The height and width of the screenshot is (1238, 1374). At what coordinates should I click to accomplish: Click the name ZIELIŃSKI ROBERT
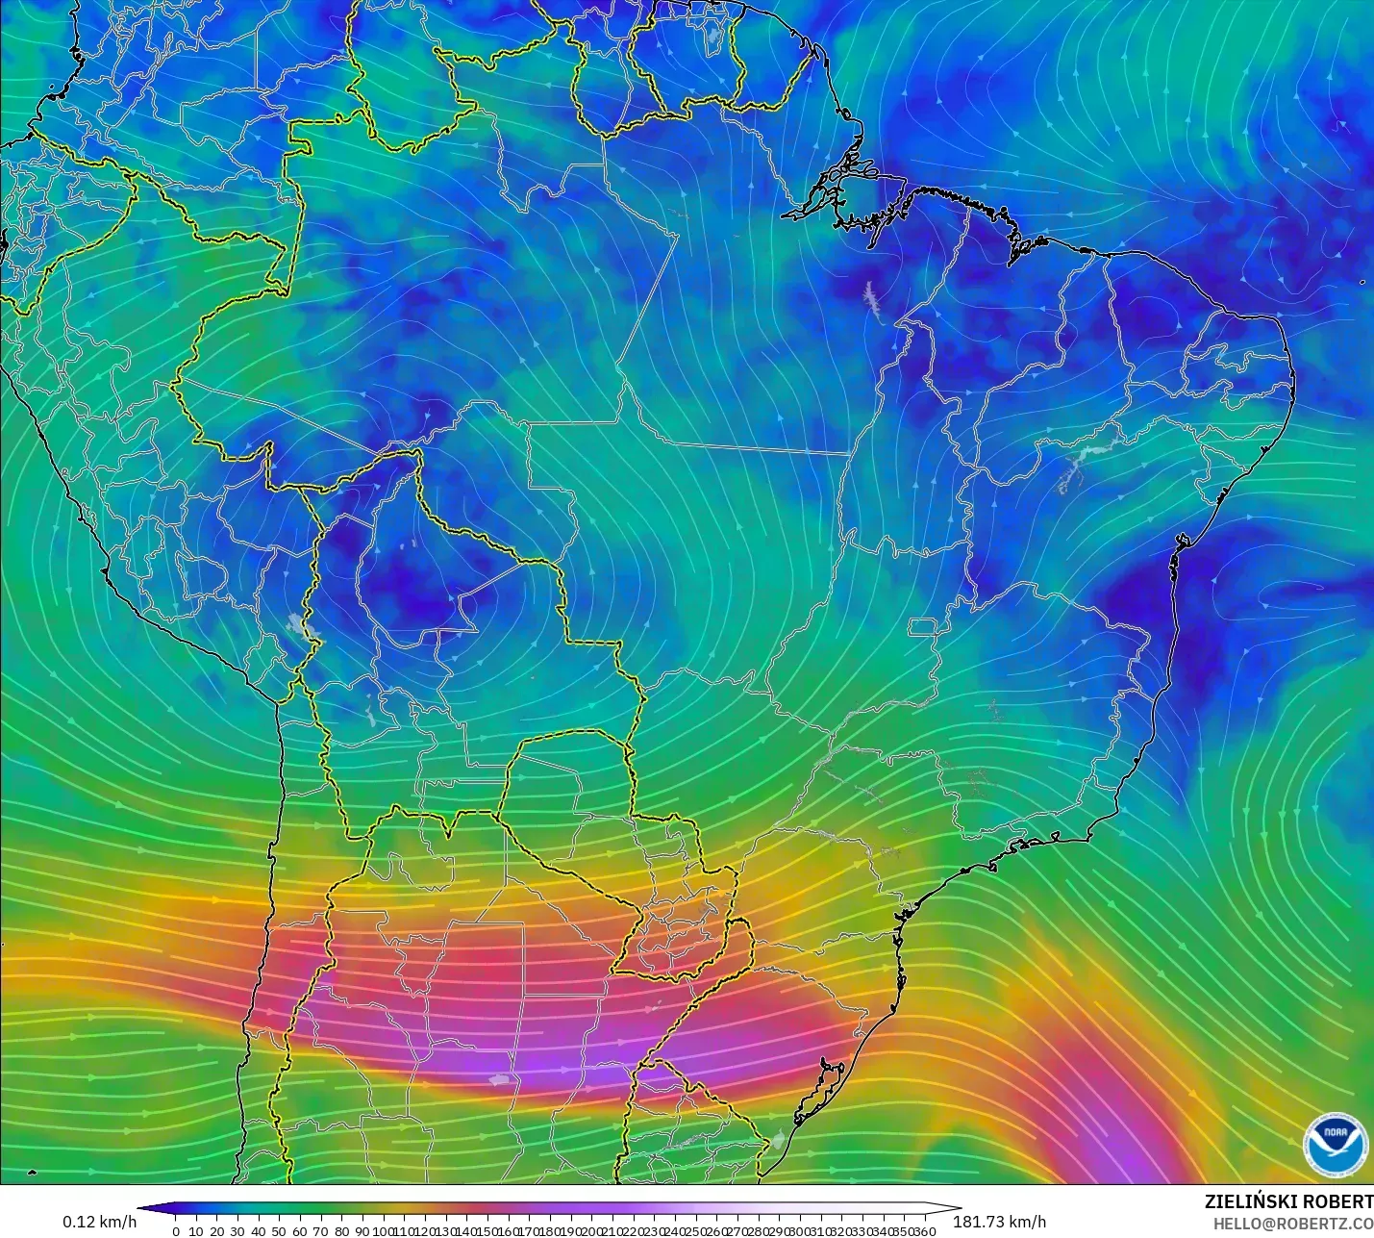(x=1288, y=1201)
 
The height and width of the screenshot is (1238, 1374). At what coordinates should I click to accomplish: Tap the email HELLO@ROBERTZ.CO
(x=1292, y=1223)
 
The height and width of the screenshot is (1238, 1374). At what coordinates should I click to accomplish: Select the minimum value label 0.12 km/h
(x=100, y=1222)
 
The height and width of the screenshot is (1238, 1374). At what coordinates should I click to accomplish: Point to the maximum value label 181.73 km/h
(x=999, y=1222)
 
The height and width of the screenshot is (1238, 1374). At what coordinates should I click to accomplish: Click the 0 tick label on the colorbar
(x=176, y=1231)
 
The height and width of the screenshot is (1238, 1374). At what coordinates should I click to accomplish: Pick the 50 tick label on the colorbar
(x=279, y=1231)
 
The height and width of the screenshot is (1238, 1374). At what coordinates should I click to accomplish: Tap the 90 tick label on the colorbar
(x=362, y=1231)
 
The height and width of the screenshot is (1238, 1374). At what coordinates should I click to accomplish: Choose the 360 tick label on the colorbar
(x=925, y=1231)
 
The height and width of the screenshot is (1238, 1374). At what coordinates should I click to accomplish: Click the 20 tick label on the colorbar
(x=216, y=1231)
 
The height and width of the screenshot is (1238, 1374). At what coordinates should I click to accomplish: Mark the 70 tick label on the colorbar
(x=320, y=1231)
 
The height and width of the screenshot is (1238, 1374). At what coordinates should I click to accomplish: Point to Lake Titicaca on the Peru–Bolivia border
(x=306, y=626)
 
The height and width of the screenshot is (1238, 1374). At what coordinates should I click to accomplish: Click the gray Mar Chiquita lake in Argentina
(x=499, y=1080)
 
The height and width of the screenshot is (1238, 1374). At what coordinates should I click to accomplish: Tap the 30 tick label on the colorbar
(x=237, y=1231)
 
